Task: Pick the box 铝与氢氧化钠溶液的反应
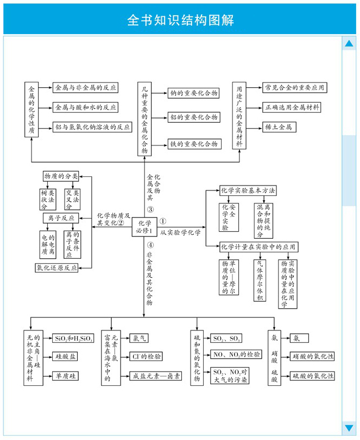(93, 126)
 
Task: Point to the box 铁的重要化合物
(194, 144)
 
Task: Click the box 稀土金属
(279, 127)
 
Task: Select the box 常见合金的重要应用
(294, 87)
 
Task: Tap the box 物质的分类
(61, 176)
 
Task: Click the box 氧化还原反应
(56, 267)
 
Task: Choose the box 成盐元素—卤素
(156, 375)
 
